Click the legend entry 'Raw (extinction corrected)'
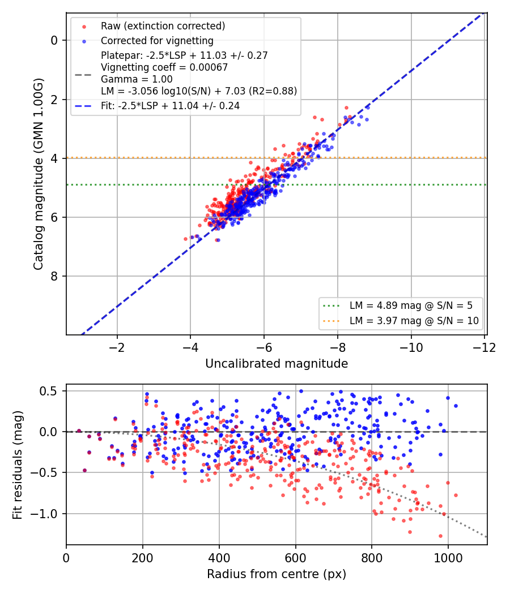click(163, 26)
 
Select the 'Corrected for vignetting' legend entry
click(157, 41)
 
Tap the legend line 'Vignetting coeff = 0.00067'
click(164, 67)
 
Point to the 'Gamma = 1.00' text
click(137, 79)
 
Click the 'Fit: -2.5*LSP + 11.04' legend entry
click(171, 106)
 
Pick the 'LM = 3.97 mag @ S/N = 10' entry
click(414, 321)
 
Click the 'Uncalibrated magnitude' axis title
click(277, 364)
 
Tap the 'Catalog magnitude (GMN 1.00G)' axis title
click(39, 174)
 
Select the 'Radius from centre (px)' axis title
click(277, 574)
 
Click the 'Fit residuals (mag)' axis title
click(18, 465)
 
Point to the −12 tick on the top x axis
click(484, 347)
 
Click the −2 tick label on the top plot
click(117, 347)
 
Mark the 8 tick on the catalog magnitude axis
click(54, 276)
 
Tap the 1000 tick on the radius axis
click(448, 558)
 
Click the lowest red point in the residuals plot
click(440, 536)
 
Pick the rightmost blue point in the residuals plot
click(456, 406)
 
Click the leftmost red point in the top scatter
click(185, 239)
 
